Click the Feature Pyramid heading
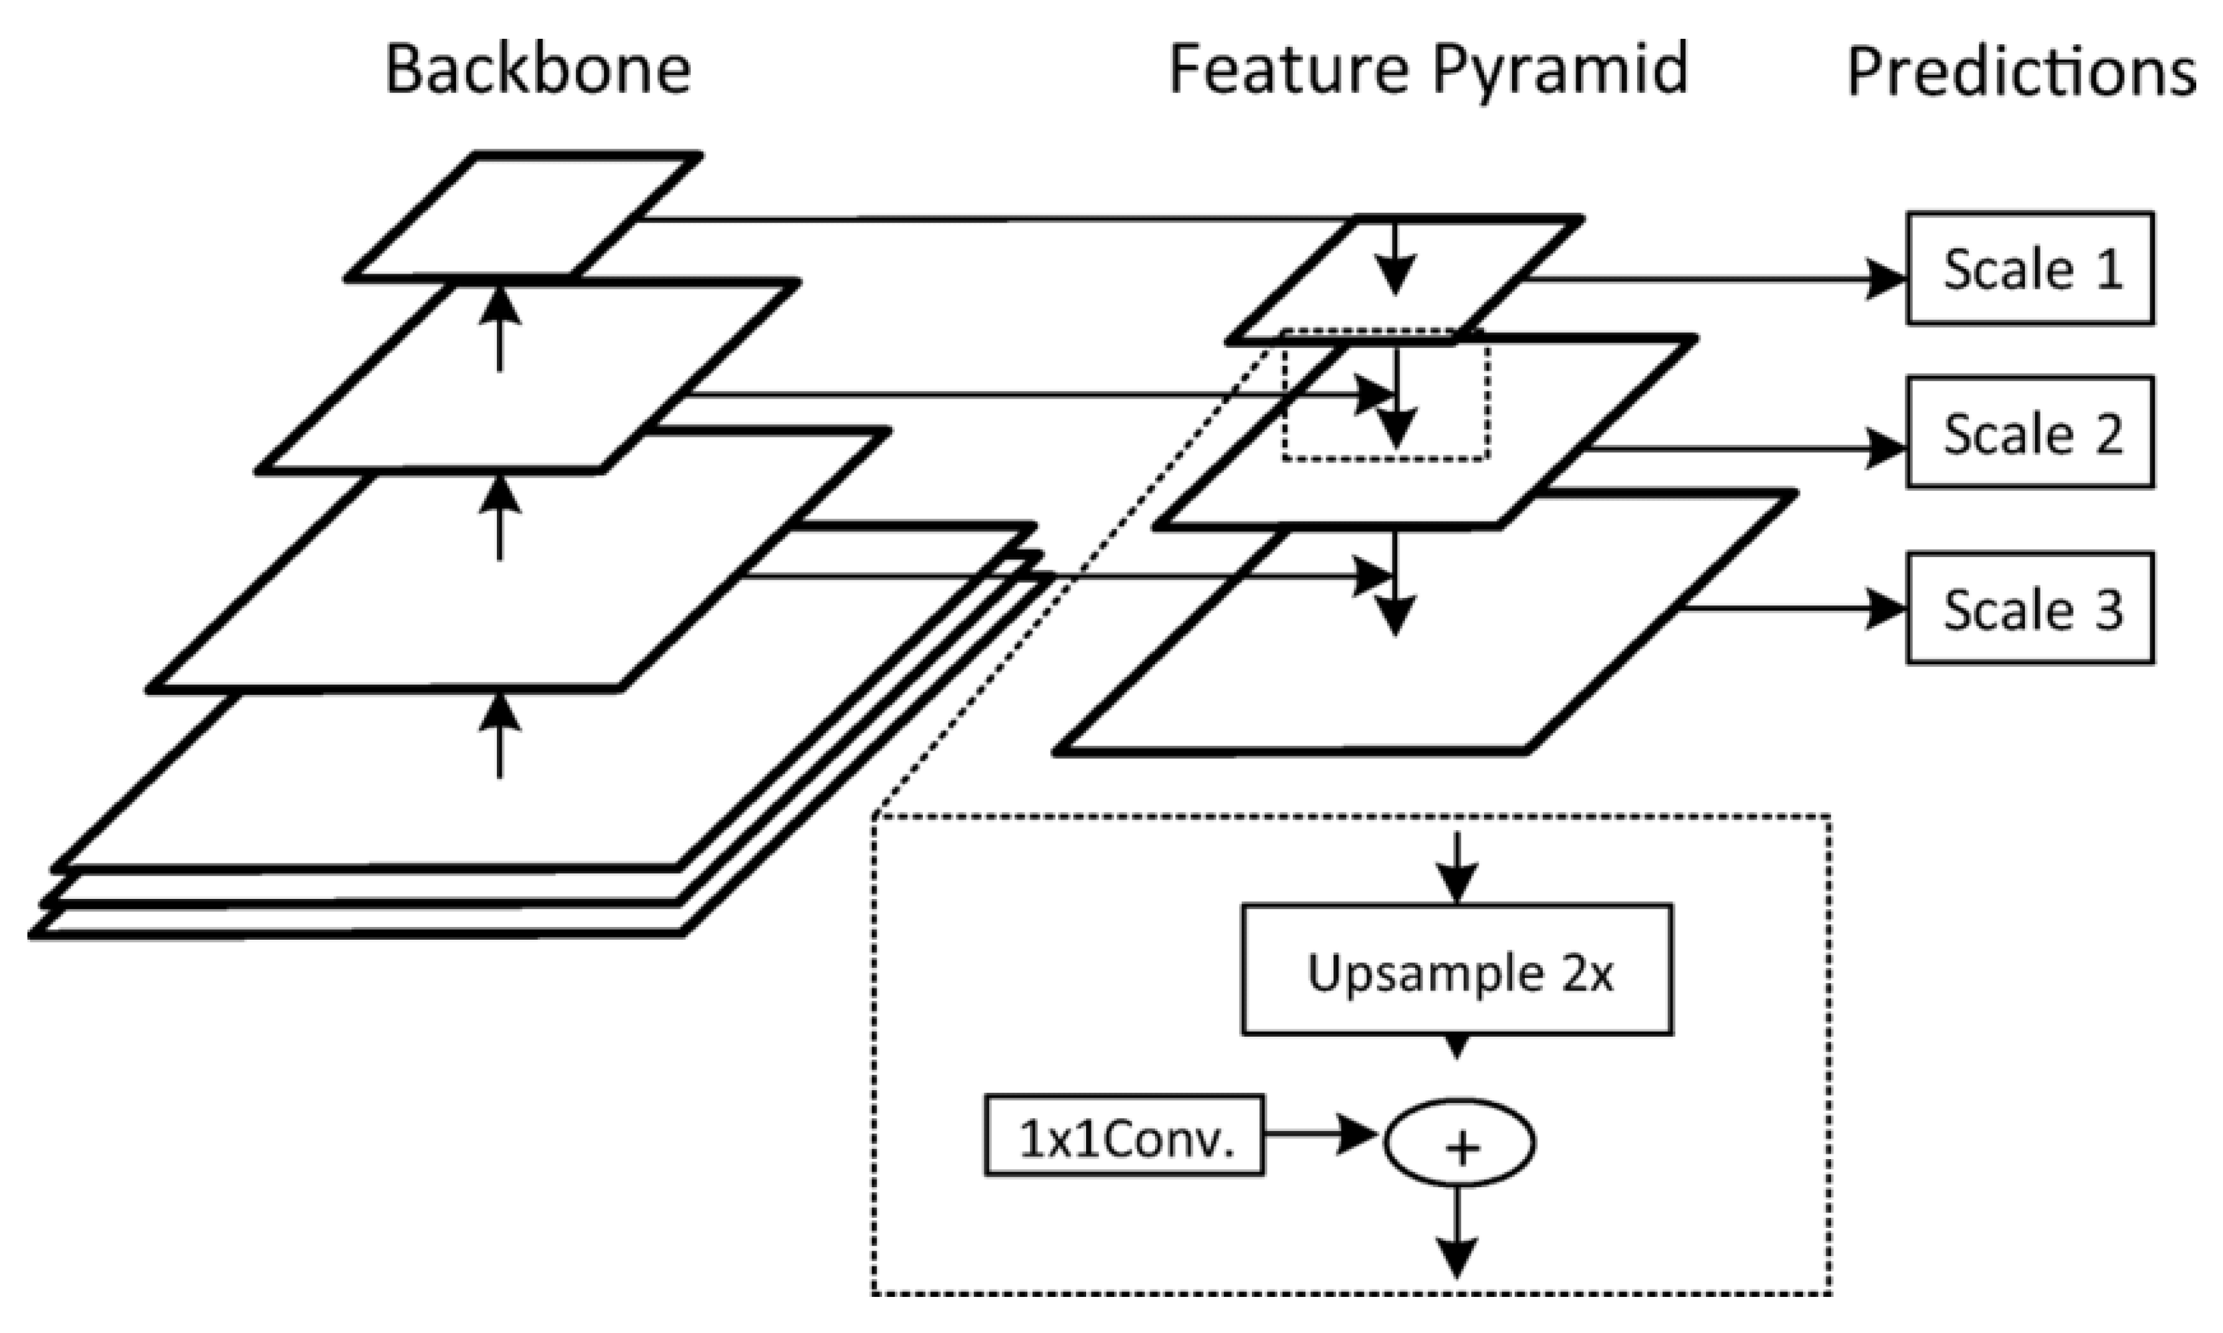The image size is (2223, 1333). (x=1427, y=70)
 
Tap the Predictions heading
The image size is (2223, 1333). (x=2021, y=72)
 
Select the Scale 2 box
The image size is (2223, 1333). (x=2030, y=433)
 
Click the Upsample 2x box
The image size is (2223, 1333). (x=1456, y=970)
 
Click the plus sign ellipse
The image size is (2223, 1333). (x=1459, y=1142)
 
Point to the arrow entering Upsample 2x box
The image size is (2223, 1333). (x=1456, y=867)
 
